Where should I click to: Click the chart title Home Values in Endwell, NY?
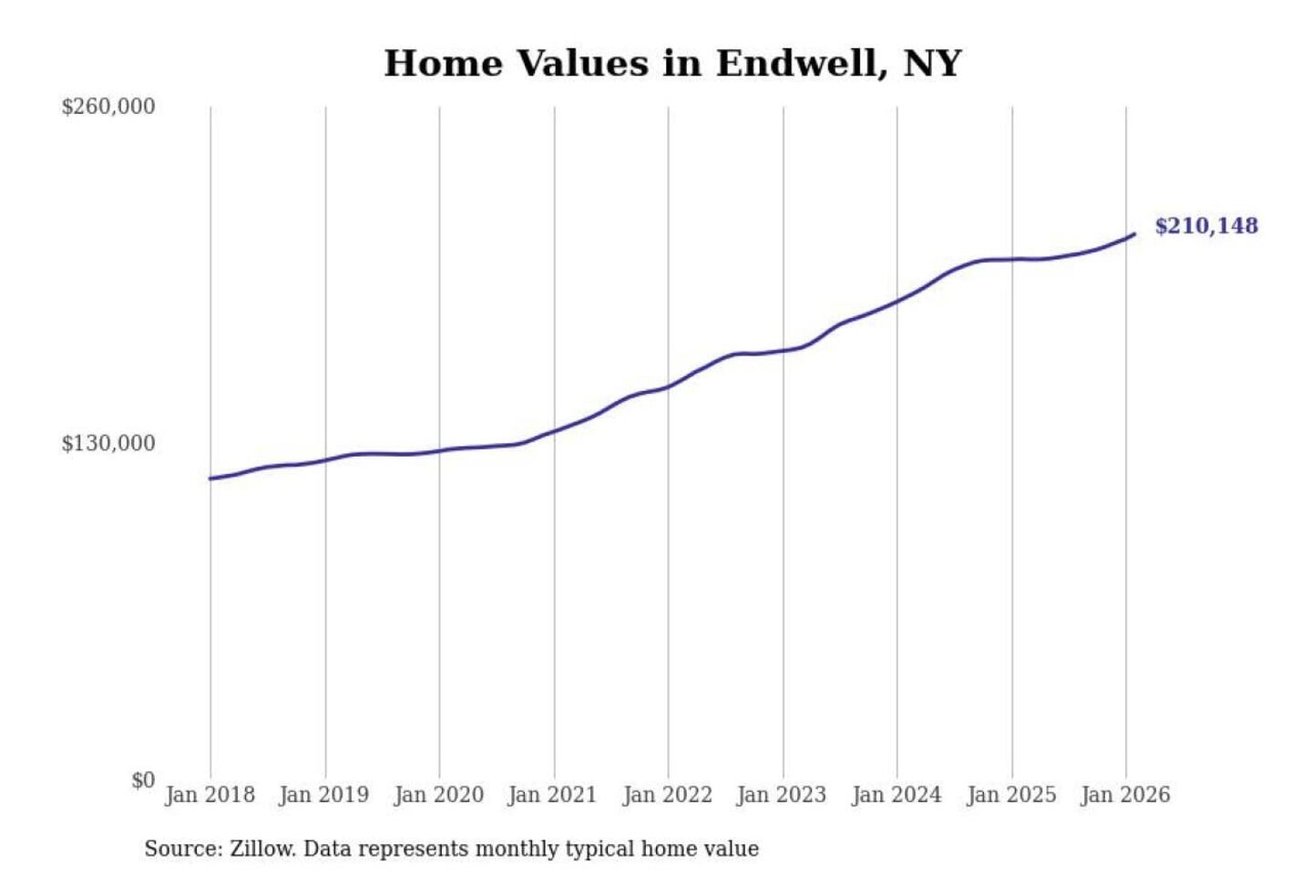672,64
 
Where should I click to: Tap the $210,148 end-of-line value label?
1205,226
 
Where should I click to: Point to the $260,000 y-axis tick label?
108,107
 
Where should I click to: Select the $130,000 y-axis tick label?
108,444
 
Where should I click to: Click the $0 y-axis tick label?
143,780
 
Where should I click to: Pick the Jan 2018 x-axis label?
210,795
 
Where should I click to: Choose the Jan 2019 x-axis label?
323,795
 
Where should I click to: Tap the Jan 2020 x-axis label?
438,795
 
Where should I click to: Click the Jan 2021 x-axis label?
552,795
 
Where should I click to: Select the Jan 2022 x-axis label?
667,795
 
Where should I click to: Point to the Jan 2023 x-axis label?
781,795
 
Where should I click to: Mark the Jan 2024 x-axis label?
896,795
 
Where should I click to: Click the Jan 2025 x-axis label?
1010,795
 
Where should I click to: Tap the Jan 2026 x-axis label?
1124,795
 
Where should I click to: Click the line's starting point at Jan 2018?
210,479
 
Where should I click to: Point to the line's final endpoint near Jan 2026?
1134,234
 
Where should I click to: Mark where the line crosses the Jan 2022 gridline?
668,387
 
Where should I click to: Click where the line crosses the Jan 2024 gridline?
897,301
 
